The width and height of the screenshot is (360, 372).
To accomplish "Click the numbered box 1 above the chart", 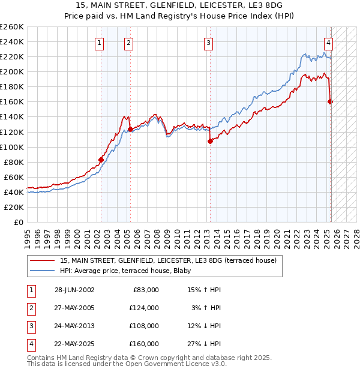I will [98, 42].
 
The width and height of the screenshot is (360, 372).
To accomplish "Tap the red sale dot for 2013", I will [210, 141].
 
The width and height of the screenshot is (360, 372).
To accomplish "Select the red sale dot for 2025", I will [330, 101].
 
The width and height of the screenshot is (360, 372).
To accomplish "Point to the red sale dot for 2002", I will [101, 160].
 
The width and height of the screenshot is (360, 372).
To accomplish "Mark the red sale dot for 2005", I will [130, 128].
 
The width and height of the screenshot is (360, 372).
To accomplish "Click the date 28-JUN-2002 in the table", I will [74, 289].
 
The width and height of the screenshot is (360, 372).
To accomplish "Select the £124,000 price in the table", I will [145, 308].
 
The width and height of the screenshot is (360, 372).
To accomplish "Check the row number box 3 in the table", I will [31, 326].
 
